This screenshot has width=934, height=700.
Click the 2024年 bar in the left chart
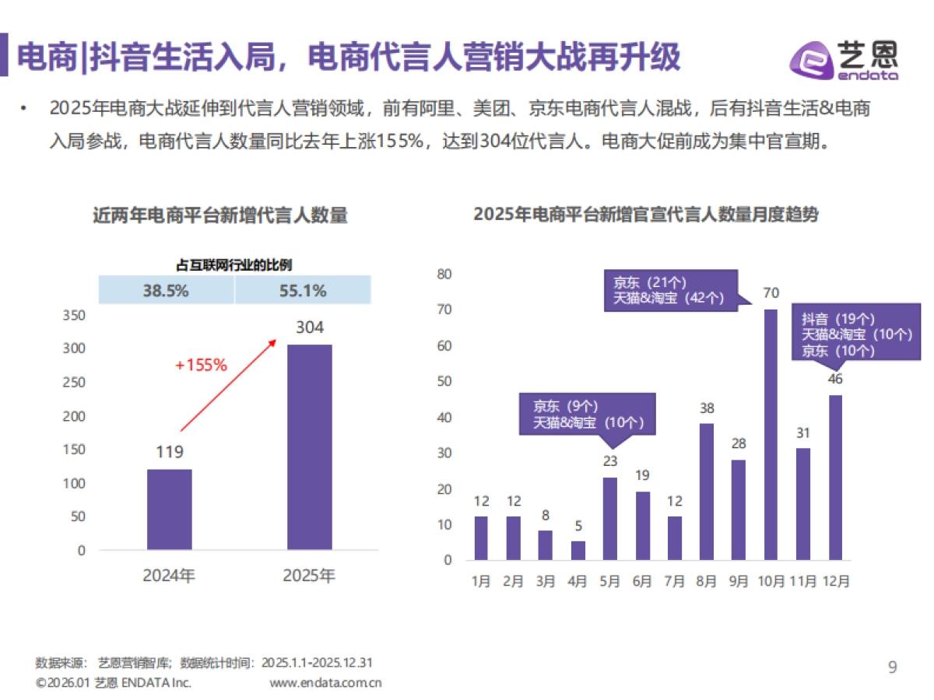tap(169, 509)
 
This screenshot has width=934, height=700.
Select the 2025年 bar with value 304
tap(309, 447)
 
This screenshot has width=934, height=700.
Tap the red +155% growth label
tap(201, 364)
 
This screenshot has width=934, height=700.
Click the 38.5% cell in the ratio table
tap(166, 291)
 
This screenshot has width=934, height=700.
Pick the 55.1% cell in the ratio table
tap(302, 291)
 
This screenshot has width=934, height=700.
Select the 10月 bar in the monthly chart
tap(771, 436)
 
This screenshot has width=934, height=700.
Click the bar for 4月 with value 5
tap(578, 551)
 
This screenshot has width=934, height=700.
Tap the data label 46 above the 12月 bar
tap(835, 380)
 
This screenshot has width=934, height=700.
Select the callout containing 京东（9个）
tap(588, 414)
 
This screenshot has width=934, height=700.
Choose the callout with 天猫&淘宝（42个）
tap(669, 290)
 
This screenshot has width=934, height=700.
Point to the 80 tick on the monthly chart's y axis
tap(444, 274)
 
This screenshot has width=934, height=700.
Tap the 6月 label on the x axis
tap(642, 581)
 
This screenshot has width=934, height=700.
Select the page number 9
tap(893, 667)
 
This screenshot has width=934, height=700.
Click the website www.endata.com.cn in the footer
tap(325, 683)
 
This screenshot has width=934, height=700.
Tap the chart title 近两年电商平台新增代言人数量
tap(220, 215)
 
